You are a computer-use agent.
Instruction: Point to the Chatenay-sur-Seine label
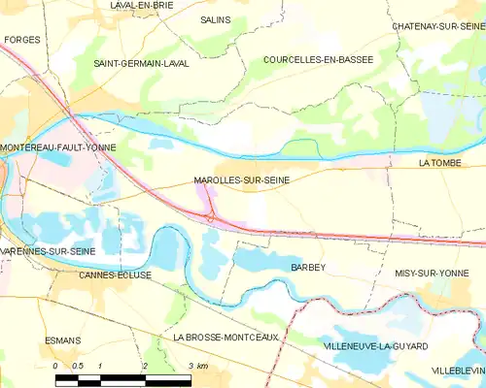[x=437, y=26]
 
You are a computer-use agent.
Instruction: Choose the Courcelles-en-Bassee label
[x=319, y=59]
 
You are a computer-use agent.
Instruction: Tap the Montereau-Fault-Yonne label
[x=58, y=147]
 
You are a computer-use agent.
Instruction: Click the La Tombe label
[x=437, y=165]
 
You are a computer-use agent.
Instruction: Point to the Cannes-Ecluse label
[x=116, y=275]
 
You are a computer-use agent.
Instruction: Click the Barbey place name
[x=307, y=266]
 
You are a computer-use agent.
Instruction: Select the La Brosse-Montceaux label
[x=226, y=337]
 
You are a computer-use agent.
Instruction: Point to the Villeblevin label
[x=457, y=371]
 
